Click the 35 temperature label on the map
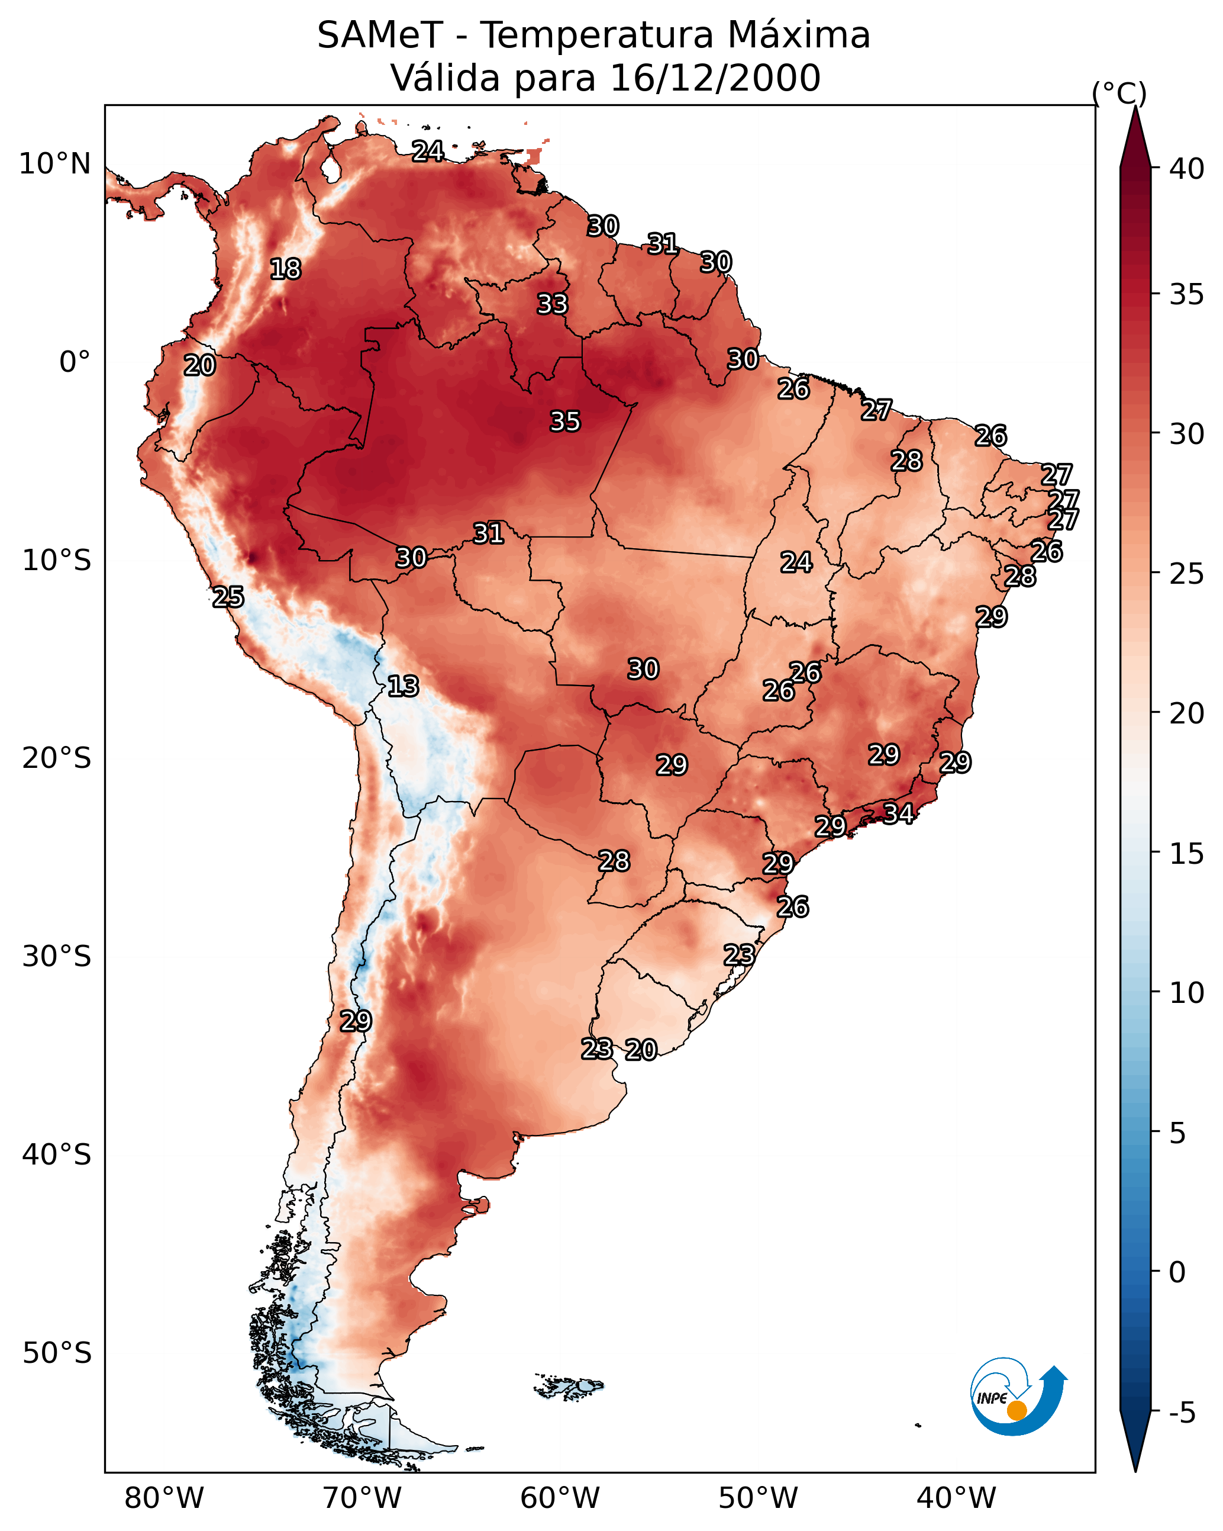[565, 421]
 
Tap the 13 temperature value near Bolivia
[403, 686]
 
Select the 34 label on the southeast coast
[898, 813]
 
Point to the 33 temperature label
[552, 304]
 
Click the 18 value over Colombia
[285, 269]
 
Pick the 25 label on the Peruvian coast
[228, 597]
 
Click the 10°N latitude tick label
[54, 164]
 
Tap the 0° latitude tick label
[75, 362]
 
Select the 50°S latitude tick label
[57, 1353]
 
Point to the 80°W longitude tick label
[164, 1498]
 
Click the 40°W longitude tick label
[956, 1498]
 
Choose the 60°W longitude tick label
[560, 1498]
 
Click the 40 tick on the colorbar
[1187, 169]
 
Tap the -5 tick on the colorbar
[1182, 1413]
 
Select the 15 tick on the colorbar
[1187, 854]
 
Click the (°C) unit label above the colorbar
[1119, 93]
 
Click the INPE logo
[1017, 1400]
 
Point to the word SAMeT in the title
[380, 36]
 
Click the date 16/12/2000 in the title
[715, 78]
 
